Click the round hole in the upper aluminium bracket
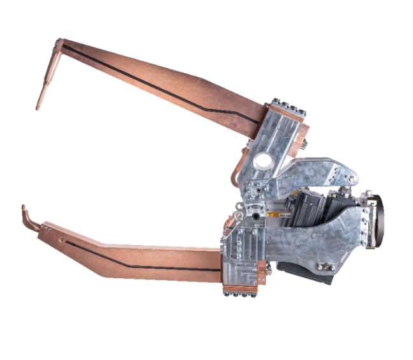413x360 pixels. [x=262, y=160]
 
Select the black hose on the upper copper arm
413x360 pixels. [x=160, y=83]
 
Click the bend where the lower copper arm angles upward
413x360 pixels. [x=96, y=243]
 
